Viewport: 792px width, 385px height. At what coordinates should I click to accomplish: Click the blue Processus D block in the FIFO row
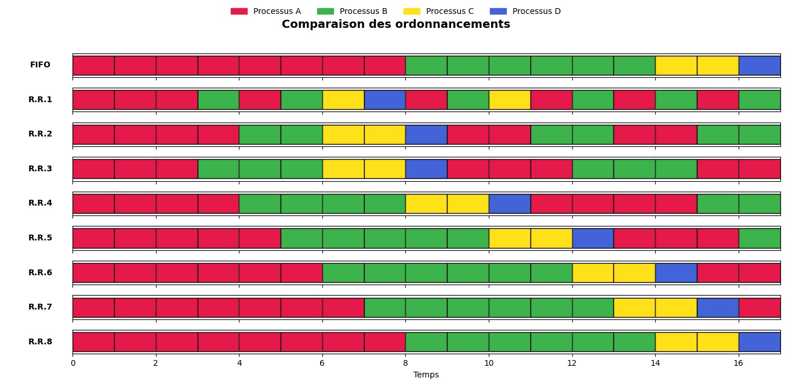(760, 66)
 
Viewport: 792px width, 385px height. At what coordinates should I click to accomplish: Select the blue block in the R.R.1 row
(384, 100)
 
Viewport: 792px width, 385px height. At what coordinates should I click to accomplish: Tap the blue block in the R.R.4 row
(510, 204)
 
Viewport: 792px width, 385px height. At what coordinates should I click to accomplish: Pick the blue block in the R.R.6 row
(676, 273)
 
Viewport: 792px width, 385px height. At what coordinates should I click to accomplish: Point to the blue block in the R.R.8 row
(760, 342)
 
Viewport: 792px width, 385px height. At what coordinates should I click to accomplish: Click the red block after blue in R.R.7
(760, 308)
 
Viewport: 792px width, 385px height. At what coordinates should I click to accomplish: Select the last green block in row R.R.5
(760, 238)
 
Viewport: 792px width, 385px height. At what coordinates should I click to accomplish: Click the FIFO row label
(40, 65)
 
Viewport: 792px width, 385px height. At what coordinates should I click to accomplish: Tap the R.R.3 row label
(40, 169)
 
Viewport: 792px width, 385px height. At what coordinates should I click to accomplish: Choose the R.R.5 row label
(40, 238)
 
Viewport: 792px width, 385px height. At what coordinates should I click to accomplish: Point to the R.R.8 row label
(40, 342)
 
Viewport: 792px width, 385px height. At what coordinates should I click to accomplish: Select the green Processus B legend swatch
(325, 12)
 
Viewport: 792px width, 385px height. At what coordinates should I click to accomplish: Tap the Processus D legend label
(536, 12)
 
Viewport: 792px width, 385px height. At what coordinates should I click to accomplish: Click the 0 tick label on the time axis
(73, 364)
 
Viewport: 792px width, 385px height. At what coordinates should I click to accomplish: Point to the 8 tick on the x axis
(406, 364)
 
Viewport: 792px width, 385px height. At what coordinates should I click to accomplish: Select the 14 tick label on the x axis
(655, 364)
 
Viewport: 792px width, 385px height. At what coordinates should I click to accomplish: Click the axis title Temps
(426, 375)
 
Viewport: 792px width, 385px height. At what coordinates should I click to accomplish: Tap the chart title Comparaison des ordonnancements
(396, 24)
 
